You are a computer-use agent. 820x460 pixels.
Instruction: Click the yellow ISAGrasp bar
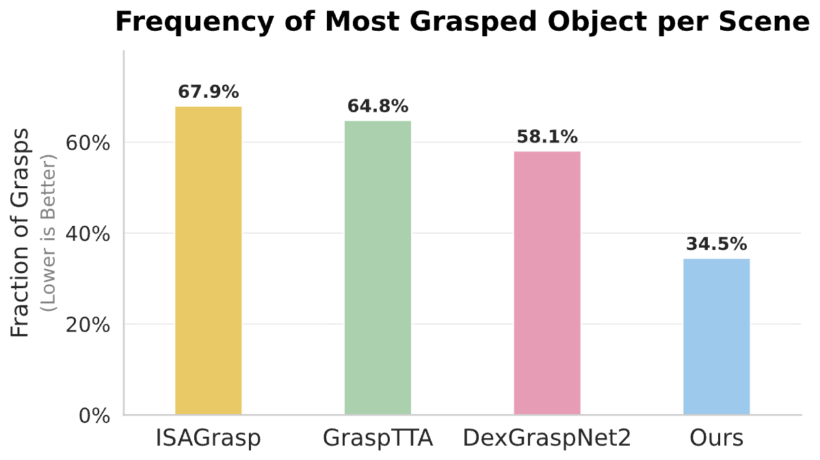(x=209, y=260)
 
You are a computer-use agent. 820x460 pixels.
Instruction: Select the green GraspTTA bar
(x=378, y=267)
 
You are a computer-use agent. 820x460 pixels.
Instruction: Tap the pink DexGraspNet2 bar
(x=547, y=283)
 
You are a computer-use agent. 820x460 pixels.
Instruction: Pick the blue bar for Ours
(x=716, y=336)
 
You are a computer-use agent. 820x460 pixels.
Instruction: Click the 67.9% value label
(x=209, y=92)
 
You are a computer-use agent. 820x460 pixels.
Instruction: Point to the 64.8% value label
(x=378, y=106)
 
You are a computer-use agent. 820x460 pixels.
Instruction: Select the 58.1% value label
(x=547, y=137)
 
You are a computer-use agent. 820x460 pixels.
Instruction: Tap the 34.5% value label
(x=716, y=244)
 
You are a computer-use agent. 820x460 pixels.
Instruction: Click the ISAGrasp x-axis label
(x=209, y=438)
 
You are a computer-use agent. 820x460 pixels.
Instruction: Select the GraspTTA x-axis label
(x=378, y=438)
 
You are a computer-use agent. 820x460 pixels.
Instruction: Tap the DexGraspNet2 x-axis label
(x=547, y=438)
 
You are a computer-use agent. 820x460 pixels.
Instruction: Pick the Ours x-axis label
(x=716, y=438)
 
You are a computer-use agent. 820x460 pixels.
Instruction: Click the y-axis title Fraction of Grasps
(x=21, y=232)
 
